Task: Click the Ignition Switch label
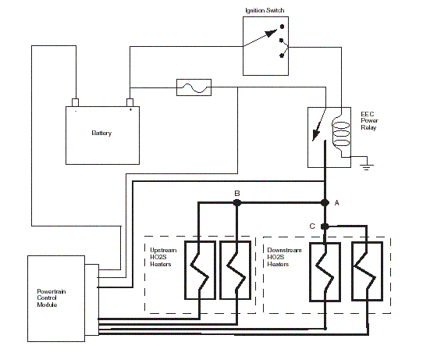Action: click(x=265, y=10)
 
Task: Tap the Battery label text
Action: click(x=101, y=133)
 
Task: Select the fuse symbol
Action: click(x=194, y=87)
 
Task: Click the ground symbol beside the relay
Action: click(x=366, y=166)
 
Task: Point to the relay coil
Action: click(x=341, y=134)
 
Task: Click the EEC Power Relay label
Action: click(x=369, y=121)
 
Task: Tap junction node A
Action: click(x=325, y=203)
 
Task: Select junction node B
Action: click(x=236, y=203)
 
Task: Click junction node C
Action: click(x=325, y=226)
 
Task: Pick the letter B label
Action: click(x=237, y=193)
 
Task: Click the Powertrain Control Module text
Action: click(x=52, y=298)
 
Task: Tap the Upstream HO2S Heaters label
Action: click(x=163, y=257)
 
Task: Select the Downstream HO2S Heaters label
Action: click(x=284, y=257)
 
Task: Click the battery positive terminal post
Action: click(x=130, y=102)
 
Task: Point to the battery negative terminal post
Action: click(x=75, y=102)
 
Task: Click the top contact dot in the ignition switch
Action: click(x=282, y=27)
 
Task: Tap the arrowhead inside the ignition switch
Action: click(x=271, y=34)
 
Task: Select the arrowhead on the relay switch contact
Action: click(x=315, y=135)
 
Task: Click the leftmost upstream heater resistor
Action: click(x=200, y=270)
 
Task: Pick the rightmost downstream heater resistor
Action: click(x=367, y=271)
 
